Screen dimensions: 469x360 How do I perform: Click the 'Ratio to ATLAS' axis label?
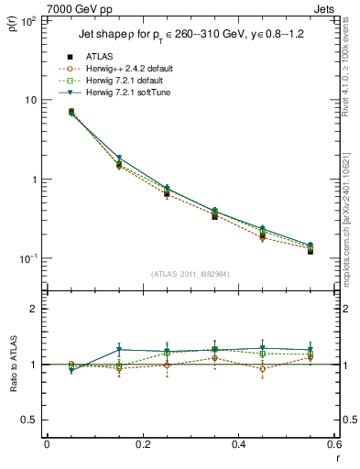click(13, 365)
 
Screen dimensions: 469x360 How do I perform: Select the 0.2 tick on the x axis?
click(142, 443)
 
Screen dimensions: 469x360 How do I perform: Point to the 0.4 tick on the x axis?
click(238, 443)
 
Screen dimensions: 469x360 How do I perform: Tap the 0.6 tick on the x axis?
click(333, 443)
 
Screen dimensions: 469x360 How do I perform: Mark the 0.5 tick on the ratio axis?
click(30, 420)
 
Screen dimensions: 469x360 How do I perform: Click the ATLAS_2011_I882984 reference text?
click(189, 275)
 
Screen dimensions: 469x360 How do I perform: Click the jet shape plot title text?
click(189, 40)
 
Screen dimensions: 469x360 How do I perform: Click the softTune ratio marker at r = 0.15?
click(118, 350)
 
